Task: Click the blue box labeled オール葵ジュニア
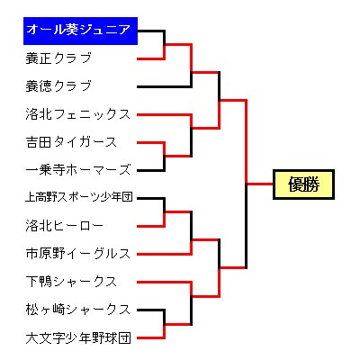click(x=80, y=31)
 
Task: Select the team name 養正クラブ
click(x=58, y=58)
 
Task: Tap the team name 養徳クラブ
click(x=58, y=86)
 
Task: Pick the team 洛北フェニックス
click(x=78, y=114)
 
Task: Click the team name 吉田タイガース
click(x=71, y=142)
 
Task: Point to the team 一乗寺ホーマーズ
click(x=78, y=170)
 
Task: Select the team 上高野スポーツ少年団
click(x=79, y=197)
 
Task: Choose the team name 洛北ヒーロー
click(x=65, y=226)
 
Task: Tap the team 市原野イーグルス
click(x=78, y=254)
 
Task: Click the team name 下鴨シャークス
click(x=71, y=282)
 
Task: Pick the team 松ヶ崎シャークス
click(x=78, y=310)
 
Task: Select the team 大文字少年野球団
click(x=78, y=337)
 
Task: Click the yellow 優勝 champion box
click(x=303, y=184)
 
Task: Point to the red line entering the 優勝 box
click(x=259, y=184)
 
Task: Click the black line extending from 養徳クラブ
click(x=165, y=86)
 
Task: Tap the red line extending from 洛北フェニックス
click(x=165, y=115)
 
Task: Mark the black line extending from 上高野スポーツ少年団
click(x=151, y=198)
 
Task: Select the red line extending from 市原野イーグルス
click(x=165, y=255)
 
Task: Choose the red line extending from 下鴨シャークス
click(x=165, y=283)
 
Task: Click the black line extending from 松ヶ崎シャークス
click(x=151, y=310)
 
